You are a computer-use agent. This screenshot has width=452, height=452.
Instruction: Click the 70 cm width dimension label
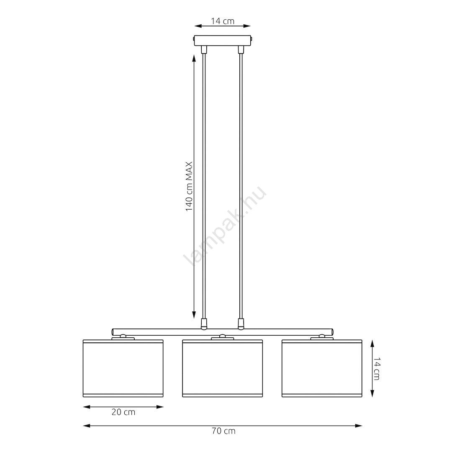point(223,431)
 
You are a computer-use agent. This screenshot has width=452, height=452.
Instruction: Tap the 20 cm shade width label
point(123,412)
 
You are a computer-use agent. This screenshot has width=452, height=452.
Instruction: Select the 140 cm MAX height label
point(189,186)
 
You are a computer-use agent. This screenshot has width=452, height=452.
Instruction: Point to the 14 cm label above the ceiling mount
point(223,21)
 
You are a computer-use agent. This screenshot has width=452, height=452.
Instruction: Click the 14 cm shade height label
point(377,369)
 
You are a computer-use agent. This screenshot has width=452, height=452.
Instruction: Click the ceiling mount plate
point(223,40)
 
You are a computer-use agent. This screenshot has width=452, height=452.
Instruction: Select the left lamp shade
point(123,368)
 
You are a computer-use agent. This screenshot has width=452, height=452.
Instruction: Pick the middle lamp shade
point(223,368)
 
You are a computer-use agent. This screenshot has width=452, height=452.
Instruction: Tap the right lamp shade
point(322,368)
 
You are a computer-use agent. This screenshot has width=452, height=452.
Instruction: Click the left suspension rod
point(204,186)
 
